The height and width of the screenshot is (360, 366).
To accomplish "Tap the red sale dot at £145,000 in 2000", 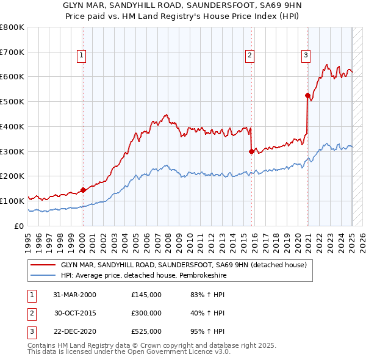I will click(x=83, y=189).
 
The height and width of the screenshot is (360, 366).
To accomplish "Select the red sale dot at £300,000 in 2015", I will click(x=251, y=151).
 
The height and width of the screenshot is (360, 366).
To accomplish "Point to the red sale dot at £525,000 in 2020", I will click(x=307, y=95).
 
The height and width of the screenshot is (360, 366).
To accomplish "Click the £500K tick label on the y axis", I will click(x=12, y=102).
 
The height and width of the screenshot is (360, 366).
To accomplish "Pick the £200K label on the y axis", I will click(x=12, y=176).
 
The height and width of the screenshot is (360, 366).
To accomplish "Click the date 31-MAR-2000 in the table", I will click(x=75, y=295).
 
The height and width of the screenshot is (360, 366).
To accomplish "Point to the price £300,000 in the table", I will click(x=146, y=313).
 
